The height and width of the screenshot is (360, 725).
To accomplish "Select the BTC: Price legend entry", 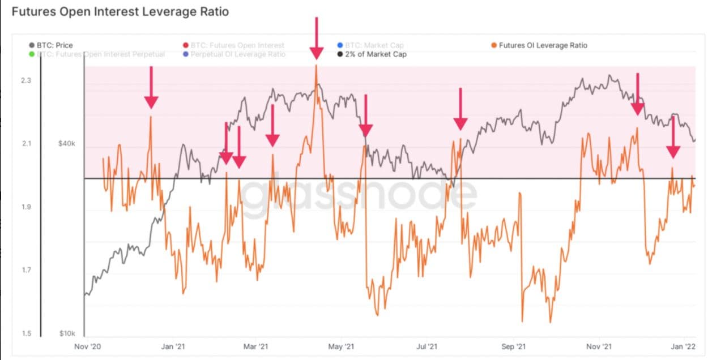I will (54, 45).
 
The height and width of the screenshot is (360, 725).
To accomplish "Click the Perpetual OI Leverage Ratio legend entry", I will (238, 54).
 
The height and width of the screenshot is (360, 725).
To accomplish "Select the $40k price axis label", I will (66, 144).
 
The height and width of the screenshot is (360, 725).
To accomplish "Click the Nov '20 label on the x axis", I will (88, 346).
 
